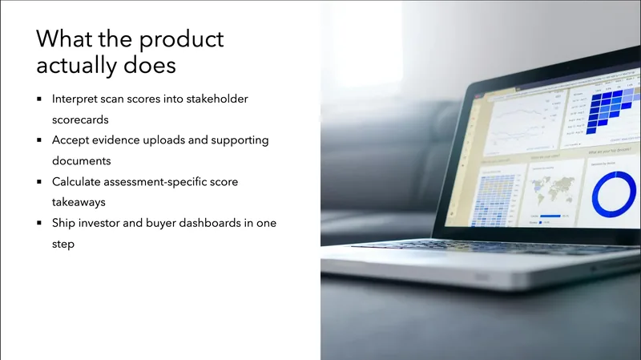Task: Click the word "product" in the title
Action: (x=178, y=38)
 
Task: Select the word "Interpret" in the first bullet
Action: (x=76, y=99)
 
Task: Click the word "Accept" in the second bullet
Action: (x=71, y=140)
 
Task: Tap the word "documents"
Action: (x=81, y=161)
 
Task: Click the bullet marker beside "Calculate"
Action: (x=39, y=182)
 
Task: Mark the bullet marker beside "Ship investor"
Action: (x=39, y=224)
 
